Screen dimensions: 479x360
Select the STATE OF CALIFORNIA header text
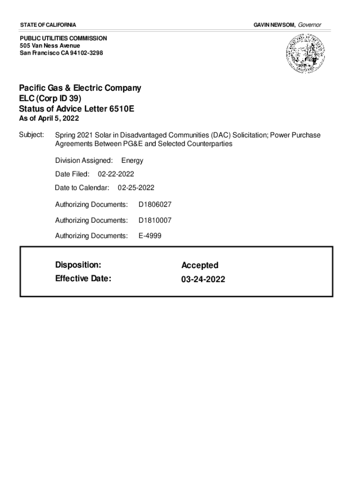pyautogui.click(x=48, y=24)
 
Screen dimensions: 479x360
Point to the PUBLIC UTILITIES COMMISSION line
pyautogui.click(x=63, y=38)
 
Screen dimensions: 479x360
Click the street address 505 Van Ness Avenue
pyautogui.click(x=50, y=45)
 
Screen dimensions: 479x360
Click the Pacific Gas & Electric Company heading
pyautogui.click(x=80, y=88)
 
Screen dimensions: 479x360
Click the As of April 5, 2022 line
pyautogui.click(x=49, y=118)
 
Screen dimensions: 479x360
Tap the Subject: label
pyautogui.click(x=31, y=135)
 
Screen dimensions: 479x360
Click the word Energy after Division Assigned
pyautogui.click(x=132, y=160)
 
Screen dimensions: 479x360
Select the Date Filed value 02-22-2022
pyautogui.click(x=116, y=174)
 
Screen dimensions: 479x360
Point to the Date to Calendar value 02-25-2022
pyautogui.click(x=136, y=188)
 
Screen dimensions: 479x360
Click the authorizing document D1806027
pyautogui.click(x=155, y=204)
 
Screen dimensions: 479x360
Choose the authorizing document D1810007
pyautogui.click(x=155, y=220)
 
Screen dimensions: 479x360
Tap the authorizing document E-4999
pyautogui.click(x=150, y=236)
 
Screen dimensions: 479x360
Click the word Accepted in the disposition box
pyautogui.click(x=200, y=265)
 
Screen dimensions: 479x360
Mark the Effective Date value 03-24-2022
pyautogui.click(x=203, y=279)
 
